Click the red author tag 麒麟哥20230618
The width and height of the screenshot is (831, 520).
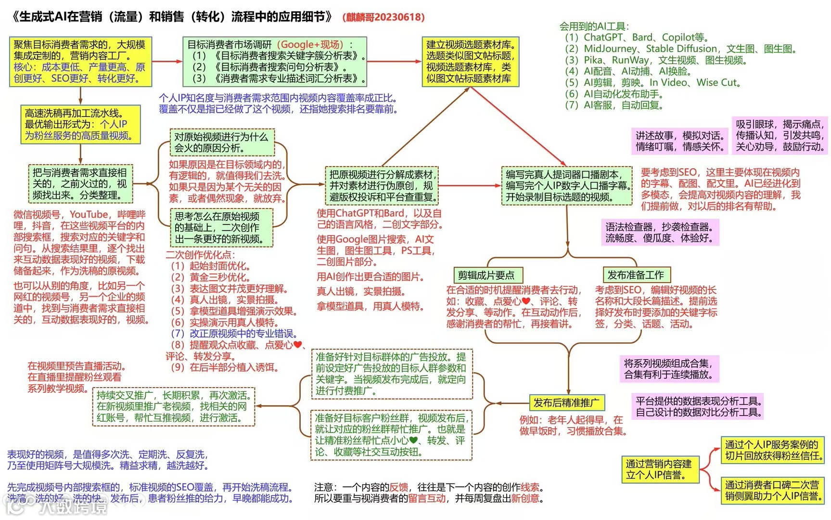[384, 17]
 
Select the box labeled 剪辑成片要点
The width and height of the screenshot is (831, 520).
[486, 275]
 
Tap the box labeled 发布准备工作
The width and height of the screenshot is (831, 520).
[636, 275]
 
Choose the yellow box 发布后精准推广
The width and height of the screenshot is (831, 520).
[566, 403]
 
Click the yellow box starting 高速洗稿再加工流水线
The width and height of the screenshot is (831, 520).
[80, 125]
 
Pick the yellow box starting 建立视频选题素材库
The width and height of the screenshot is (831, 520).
[470, 62]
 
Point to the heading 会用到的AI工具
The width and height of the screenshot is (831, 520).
[593, 26]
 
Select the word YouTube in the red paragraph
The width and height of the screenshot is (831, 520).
[89, 214]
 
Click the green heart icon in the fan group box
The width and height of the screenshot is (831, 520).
[413, 440]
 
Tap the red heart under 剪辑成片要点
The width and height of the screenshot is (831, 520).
[526, 301]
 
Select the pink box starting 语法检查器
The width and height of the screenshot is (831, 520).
[659, 232]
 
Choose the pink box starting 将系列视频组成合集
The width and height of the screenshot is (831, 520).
[668, 369]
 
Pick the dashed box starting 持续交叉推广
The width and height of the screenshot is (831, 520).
[173, 406]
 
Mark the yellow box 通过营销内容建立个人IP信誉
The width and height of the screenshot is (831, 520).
[658, 469]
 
